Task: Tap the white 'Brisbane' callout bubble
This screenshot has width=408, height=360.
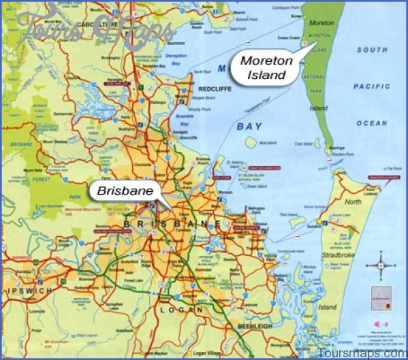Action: (x=125, y=191)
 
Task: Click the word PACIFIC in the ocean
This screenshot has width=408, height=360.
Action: (x=372, y=86)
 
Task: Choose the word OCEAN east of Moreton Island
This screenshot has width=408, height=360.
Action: (x=372, y=122)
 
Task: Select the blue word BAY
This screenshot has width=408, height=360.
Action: (x=249, y=127)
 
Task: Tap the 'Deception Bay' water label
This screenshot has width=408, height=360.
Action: (x=176, y=57)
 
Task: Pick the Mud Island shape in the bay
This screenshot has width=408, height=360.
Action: (x=251, y=142)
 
